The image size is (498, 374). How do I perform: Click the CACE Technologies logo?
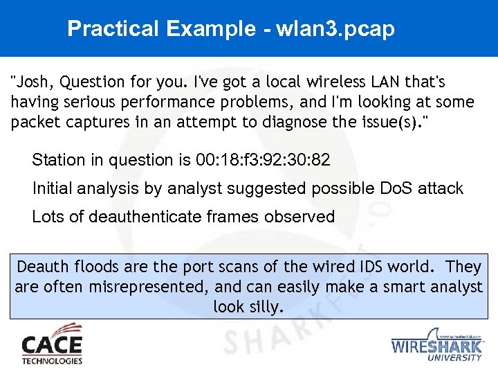pos(52,344)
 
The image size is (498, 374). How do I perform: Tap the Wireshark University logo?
pos(436,344)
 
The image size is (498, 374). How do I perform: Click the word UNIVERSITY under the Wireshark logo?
pos(454,357)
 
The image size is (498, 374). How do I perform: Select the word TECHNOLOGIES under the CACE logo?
pos(52,360)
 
